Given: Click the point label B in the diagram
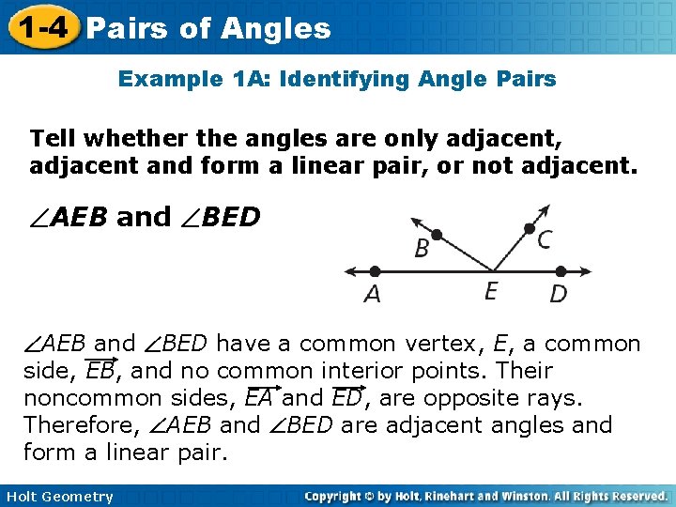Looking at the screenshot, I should point(422,249).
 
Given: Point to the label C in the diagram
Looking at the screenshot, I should point(545,240).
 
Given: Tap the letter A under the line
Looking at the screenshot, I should point(373,294).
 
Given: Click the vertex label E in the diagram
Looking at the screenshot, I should point(490,291).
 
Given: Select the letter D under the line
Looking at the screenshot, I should point(559,294).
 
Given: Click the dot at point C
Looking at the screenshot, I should point(530,228).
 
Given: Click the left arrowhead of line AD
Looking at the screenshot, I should point(348,271).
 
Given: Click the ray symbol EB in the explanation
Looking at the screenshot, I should point(100,370).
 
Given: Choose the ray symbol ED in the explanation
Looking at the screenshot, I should point(346,397).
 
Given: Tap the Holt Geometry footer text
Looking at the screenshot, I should point(57,497).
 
